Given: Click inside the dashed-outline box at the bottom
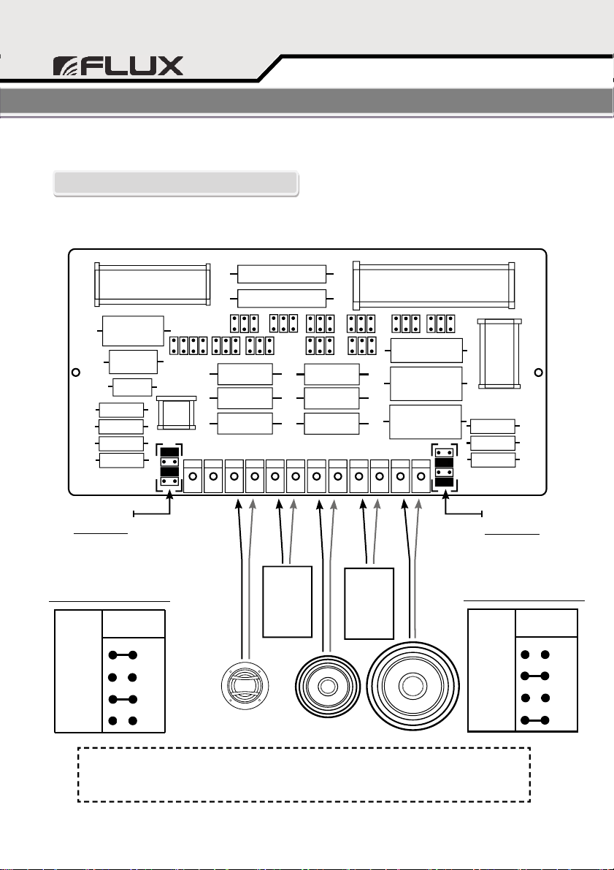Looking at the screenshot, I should pos(304,774).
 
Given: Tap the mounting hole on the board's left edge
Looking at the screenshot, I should pos(75,373).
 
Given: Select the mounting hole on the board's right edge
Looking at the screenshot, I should pos(538,373).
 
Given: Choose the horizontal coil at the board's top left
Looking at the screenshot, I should pos(153,284).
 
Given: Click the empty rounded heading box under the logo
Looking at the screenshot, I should pos(175,183).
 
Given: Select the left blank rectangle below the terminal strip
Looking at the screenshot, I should pos(287,600).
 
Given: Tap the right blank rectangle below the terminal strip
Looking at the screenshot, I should pos(369,600).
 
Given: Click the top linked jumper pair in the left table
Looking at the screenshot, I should pos(123,655).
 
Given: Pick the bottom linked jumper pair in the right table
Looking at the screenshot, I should pos(534,721).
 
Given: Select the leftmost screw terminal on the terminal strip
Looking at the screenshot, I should pos(193,476).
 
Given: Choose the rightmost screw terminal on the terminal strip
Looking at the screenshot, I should pos(421,476).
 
